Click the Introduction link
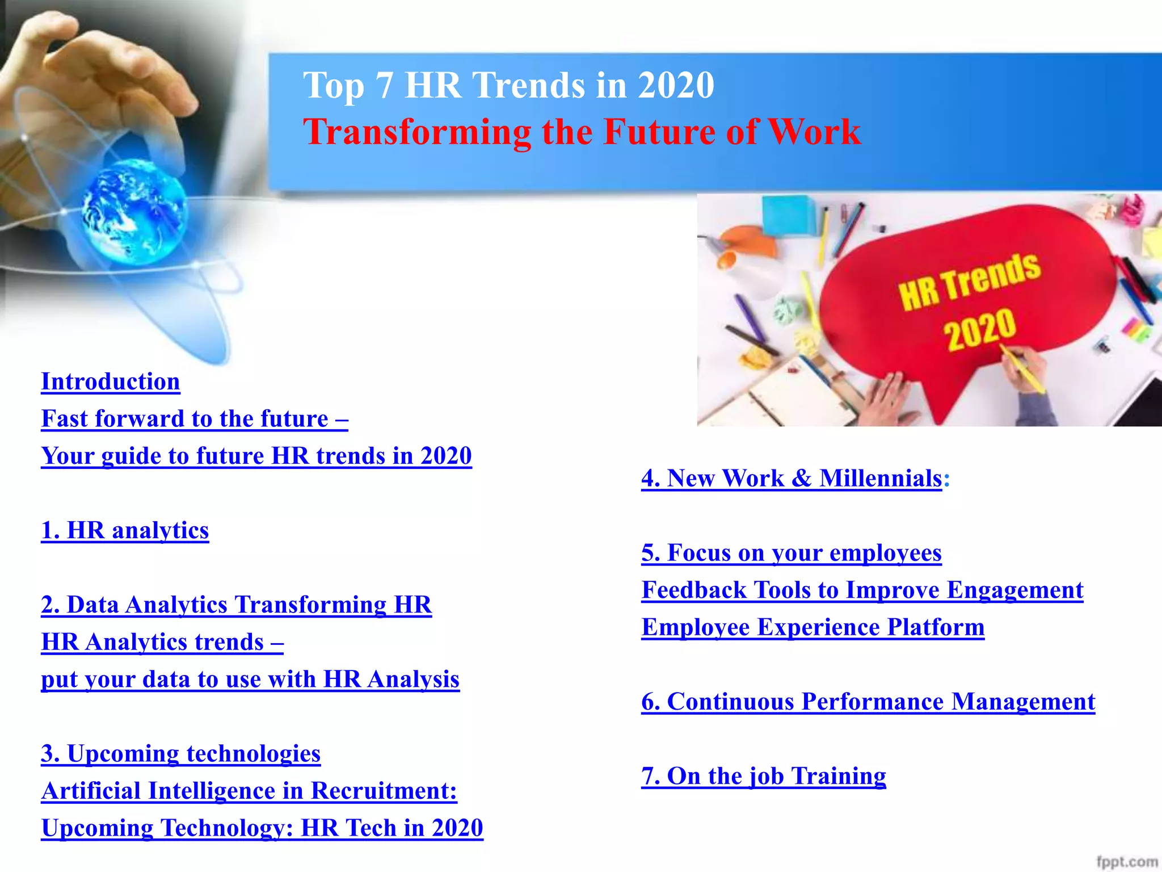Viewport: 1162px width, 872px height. tap(111, 381)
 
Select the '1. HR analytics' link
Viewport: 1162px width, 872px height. tap(125, 530)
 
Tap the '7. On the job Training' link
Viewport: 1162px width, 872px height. tap(763, 776)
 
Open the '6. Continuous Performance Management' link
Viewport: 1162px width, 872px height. tap(868, 702)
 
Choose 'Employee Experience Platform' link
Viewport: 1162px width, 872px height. tap(812, 627)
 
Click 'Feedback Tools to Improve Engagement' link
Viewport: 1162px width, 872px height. tap(862, 590)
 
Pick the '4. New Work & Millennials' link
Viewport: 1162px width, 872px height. tap(791, 478)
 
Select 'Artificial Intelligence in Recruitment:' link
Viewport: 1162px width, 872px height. tap(249, 791)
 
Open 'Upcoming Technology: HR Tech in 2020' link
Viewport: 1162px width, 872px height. tap(262, 828)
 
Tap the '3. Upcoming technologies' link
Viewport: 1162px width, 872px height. tap(180, 753)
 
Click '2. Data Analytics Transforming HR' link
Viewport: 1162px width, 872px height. tap(236, 605)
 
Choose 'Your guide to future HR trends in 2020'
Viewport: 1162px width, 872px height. tap(256, 456)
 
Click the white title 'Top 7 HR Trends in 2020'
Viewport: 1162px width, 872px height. tap(508, 85)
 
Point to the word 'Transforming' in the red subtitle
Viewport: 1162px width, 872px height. tap(417, 132)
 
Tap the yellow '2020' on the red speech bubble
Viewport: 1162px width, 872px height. tap(980, 329)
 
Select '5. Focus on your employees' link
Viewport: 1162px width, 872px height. tap(791, 553)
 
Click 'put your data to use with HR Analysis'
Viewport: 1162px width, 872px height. tap(250, 679)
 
